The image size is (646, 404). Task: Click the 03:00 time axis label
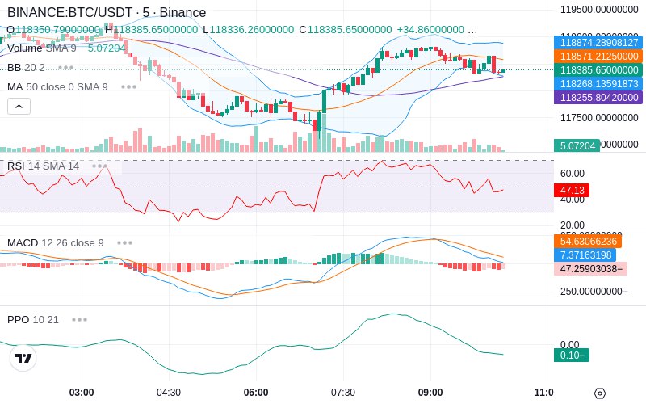(x=82, y=393)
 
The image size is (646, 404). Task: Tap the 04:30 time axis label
(x=169, y=393)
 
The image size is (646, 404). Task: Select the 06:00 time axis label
(x=256, y=393)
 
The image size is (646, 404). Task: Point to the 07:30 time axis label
(x=343, y=393)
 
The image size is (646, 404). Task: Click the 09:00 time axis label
(x=430, y=393)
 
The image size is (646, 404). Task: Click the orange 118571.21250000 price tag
(x=598, y=57)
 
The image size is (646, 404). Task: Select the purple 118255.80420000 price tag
(x=598, y=97)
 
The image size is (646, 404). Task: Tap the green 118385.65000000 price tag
(x=598, y=70)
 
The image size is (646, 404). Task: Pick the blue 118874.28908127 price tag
(x=598, y=43)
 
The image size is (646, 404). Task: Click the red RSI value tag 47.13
(x=571, y=190)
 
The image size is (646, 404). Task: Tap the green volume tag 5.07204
(x=577, y=146)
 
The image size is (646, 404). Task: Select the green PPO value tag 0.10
(x=571, y=355)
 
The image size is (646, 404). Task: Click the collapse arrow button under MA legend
(x=19, y=106)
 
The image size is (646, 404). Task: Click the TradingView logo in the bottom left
(x=23, y=358)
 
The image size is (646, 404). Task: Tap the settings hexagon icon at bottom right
(x=599, y=393)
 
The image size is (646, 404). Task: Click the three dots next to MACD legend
(x=125, y=242)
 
